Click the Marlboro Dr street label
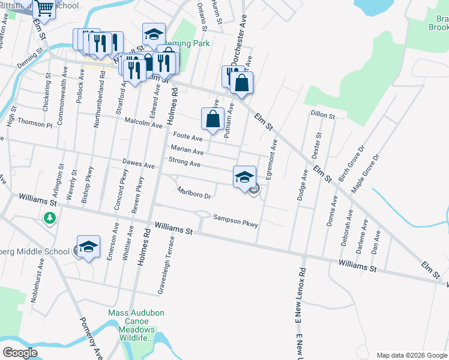point(194,193)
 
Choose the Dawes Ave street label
point(139,164)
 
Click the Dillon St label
point(322,113)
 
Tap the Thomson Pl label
point(35,122)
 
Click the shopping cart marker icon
point(44,8)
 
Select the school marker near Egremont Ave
point(244,177)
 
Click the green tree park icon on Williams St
point(50,219)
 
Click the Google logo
point(20,353)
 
